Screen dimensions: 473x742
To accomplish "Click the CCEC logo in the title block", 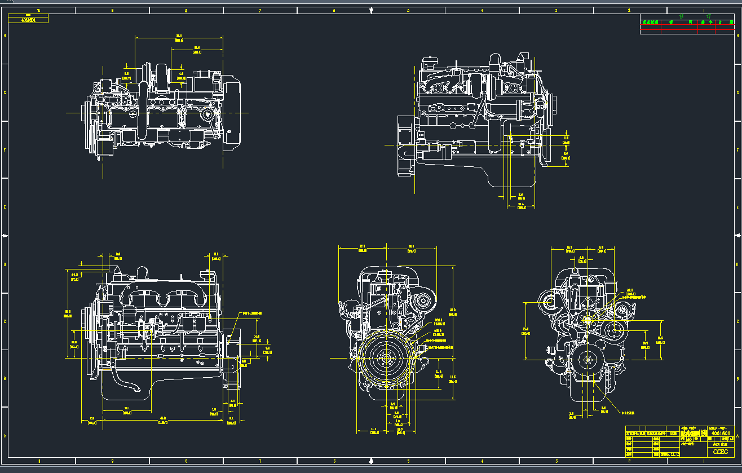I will tap(720, 452).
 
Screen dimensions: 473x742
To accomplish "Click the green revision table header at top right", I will tap(687, 23).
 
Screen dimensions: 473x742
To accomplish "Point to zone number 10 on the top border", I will tap(38, 10).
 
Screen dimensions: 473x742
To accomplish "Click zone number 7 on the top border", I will tap(260, 10).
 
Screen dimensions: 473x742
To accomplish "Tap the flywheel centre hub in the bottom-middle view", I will tap(386, 358).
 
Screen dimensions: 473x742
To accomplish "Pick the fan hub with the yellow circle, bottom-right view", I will tap(588, 320).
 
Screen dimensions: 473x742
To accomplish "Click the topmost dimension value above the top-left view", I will tap(179, 38).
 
